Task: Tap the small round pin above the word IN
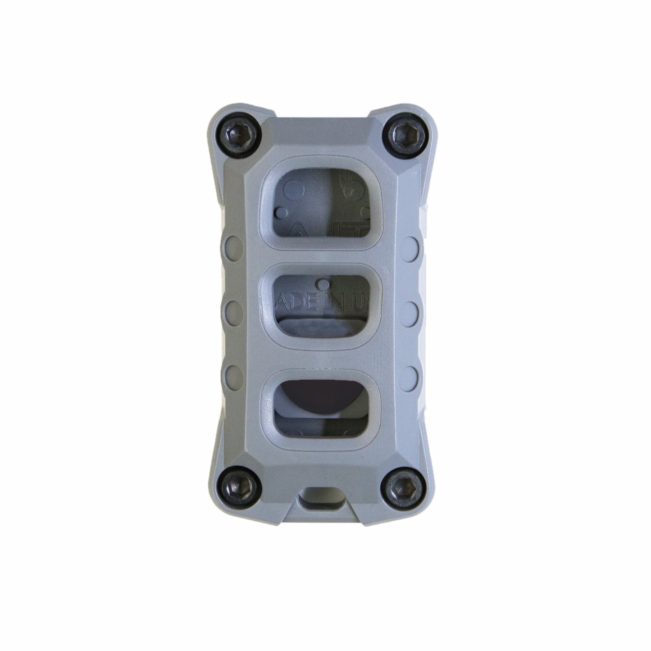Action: click(323, 284)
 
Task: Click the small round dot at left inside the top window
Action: click(283, 211)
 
